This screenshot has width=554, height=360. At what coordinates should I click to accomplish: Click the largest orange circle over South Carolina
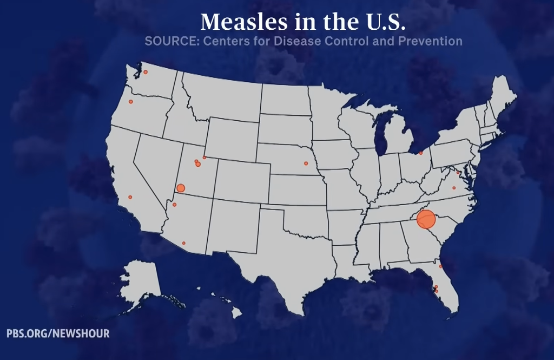point(426,219)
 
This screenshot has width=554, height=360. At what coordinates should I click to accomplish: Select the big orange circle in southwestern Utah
point(181,188)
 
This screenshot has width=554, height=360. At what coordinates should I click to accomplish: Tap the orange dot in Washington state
point(145,72)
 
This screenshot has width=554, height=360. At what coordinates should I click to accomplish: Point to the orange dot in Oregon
point(130,102)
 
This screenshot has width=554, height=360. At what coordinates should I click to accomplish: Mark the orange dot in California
point(130,197)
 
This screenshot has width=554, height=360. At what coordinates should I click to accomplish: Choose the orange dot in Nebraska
point(306,163)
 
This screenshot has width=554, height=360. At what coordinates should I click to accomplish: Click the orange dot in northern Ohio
point(420,153)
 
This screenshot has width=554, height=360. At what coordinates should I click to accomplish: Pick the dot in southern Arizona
point(184,243)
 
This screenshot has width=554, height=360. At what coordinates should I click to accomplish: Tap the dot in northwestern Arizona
point(174,205)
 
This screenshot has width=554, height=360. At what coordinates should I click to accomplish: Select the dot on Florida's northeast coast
point(440,266)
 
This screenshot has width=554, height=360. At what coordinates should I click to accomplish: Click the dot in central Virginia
point(454,188)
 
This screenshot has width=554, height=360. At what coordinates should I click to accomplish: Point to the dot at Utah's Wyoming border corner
point(204,158)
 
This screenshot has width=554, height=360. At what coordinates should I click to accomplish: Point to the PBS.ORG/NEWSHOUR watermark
point(58,333)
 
